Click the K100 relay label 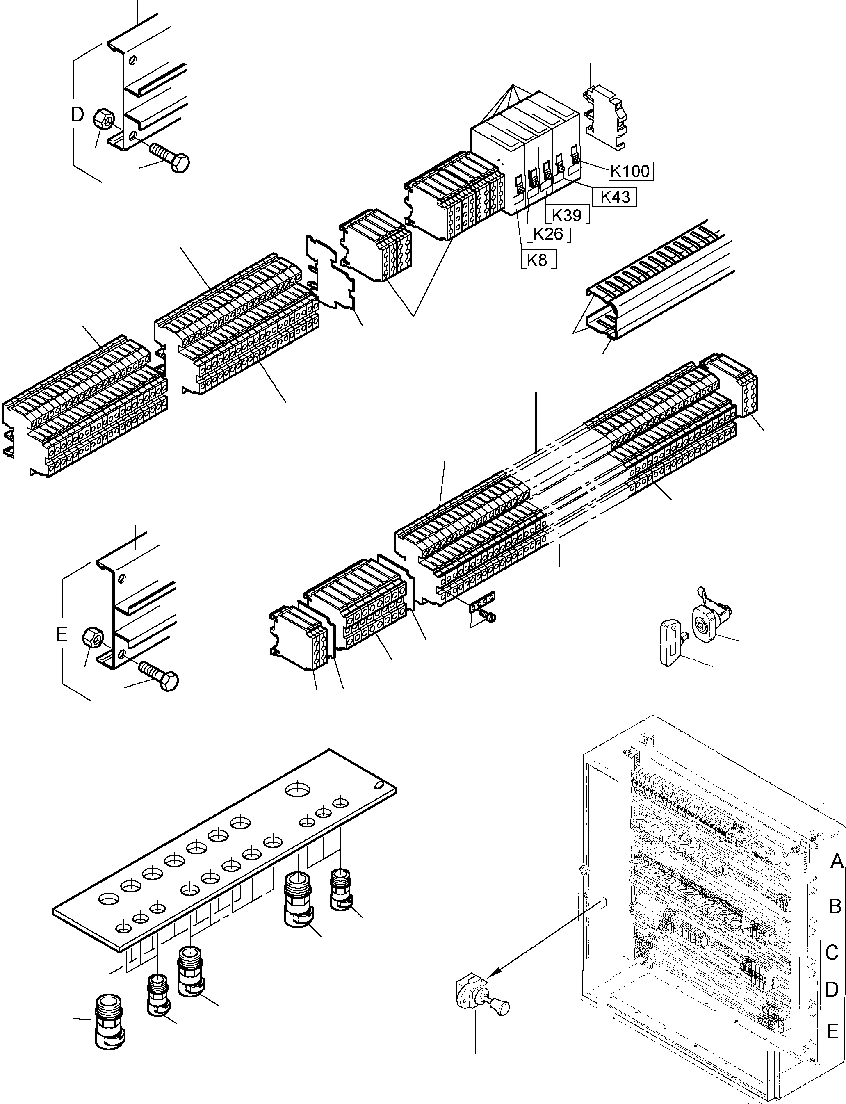[630, 171]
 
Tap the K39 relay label [567, 215]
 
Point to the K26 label [548, 234]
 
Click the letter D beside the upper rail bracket [77, 115]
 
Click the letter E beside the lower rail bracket [62, 634]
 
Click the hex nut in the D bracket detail [103, 119]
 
